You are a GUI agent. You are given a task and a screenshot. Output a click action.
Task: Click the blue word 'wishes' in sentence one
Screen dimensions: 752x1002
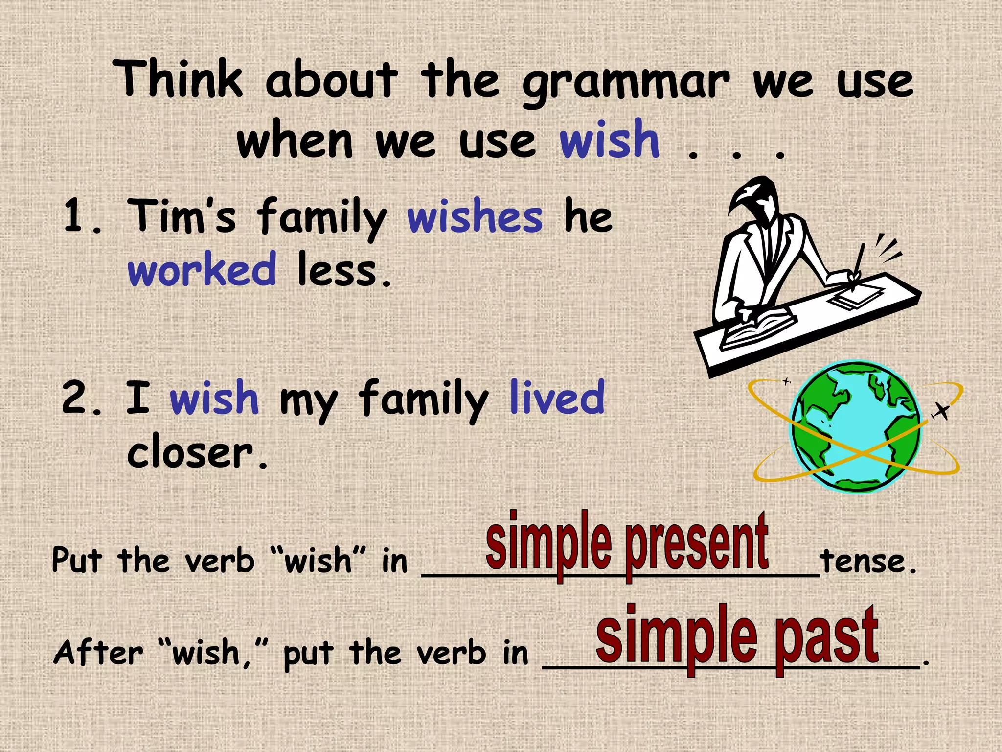point(475,217)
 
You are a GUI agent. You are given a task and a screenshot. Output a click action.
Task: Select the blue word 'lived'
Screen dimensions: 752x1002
point(557,397)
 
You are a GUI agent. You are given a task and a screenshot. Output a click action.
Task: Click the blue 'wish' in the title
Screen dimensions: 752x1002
point(610,140)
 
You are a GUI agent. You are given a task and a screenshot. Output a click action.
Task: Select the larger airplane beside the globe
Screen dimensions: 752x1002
point(940,411)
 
